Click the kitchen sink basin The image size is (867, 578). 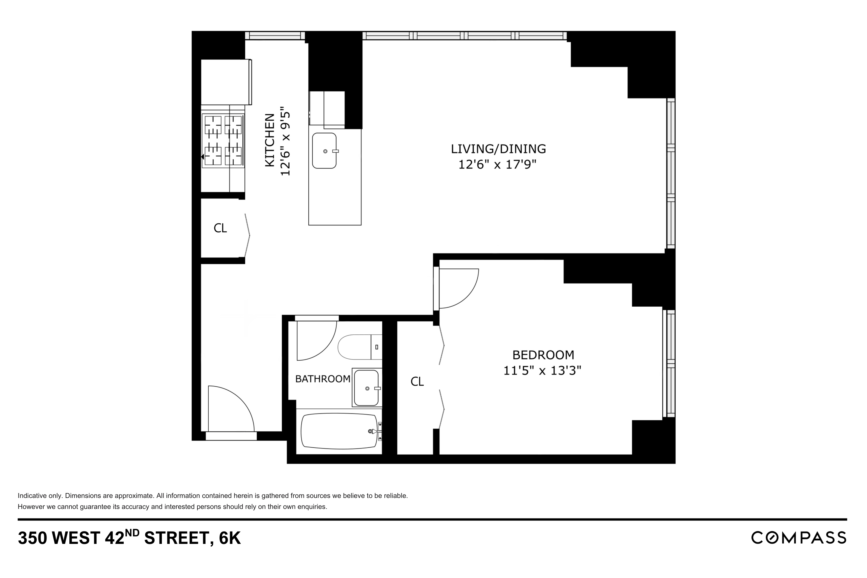click(x=324, y=151)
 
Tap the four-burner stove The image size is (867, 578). click(x=223, y=140)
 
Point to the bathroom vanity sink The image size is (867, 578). click(x=366, y=388)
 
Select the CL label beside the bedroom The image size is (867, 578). click(x=417, y=382)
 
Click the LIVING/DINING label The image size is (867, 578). click(x=498, y=149)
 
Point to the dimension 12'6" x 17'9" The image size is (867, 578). click(x=497, y=164)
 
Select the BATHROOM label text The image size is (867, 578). click(x=323, y=379)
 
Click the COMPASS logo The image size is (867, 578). click(x=799, y=538)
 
